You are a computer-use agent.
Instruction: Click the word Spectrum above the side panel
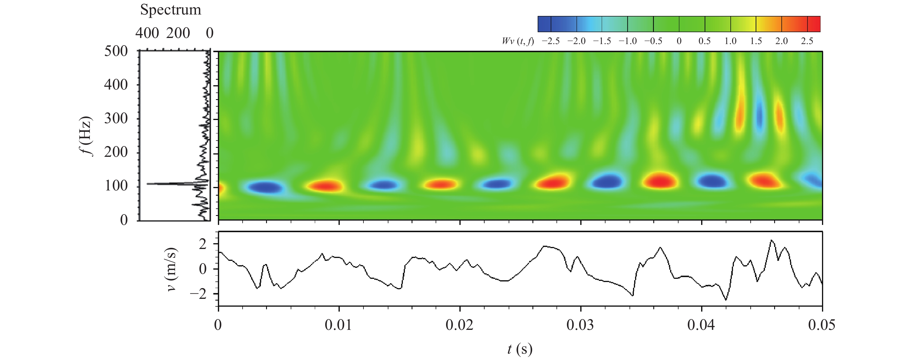point(170,10)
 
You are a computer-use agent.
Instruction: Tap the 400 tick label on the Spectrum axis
point(147,33)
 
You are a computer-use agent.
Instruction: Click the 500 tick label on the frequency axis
point(116,51)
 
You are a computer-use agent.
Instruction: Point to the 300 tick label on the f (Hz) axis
point(116,118)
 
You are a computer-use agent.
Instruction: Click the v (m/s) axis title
point(172,269)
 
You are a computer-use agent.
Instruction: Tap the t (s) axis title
point(520,349)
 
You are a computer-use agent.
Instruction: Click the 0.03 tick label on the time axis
point(580,325)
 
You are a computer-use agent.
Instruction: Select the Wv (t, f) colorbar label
point(517,41)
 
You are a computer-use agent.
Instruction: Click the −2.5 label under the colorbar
point(550,41)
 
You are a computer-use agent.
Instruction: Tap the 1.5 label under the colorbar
point(756,41)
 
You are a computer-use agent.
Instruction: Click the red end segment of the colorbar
point(814,24)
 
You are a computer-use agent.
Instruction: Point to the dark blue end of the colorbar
point(544,24)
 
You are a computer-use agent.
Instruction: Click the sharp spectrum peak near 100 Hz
point(152,183)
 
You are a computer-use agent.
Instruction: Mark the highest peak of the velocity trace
point(772,241)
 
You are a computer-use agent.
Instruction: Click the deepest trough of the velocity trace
point(725,300)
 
